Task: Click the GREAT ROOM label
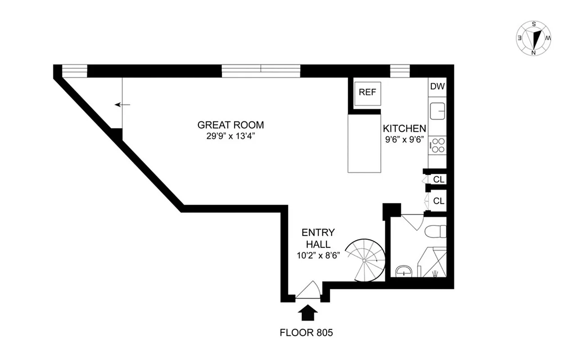click(x=231, y=125)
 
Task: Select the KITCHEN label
click(x=404, y=128)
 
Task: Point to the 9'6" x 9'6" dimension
click(x=404, y=139)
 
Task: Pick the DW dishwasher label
click(x=437, y=87)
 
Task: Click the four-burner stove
click(x=438, y=145)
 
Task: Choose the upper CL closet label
click(x=439, y=179)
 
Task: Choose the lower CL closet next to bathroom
click(x=439, y=201)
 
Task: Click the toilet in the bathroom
click(x=435, y=231)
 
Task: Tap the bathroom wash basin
click(x=404, y=271)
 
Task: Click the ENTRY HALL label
click(x=318, y=238)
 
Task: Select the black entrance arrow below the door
click(x=308, y=312)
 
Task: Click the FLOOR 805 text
click(x=307, y=333)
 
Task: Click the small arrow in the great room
click(x=122, y=104)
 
